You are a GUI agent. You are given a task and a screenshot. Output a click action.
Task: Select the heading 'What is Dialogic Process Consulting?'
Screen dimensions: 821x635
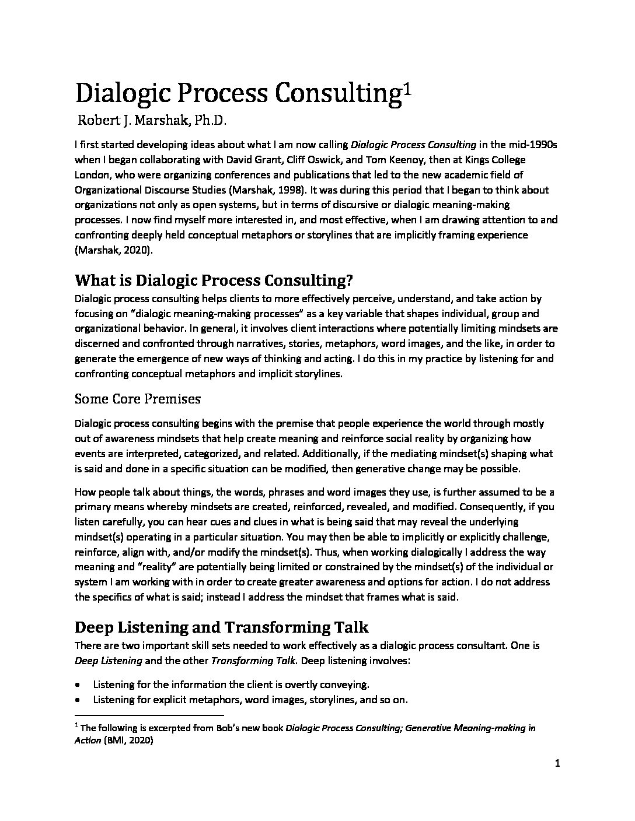[x=214, y=280]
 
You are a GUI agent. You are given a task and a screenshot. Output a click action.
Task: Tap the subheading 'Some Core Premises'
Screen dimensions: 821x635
[x=138, y=399]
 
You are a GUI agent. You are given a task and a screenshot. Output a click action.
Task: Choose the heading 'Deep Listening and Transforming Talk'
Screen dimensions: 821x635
[x=222, y=627]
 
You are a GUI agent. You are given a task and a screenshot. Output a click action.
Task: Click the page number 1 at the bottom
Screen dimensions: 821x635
[x=558, y=766]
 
